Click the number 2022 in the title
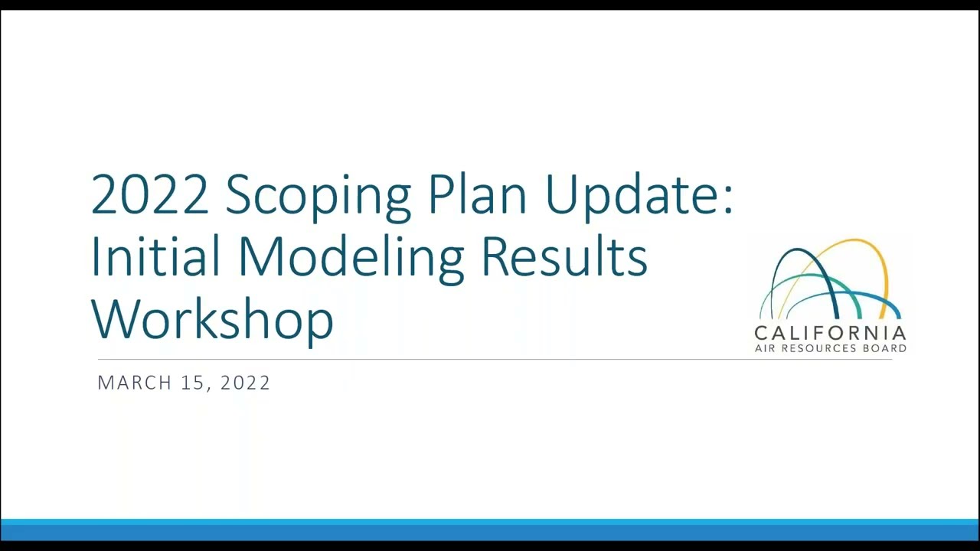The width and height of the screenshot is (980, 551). point(149,194)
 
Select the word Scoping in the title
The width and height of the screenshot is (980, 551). point(318,196)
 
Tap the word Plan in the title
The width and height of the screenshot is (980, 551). point(477,194)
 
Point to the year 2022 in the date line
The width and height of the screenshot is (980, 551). point(245,383)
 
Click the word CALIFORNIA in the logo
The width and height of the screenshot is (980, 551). point(830,334)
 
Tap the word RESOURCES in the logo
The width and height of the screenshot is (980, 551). point(828,348)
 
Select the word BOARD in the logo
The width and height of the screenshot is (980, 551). point(887,348)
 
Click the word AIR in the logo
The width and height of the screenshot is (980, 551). point(766,348)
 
